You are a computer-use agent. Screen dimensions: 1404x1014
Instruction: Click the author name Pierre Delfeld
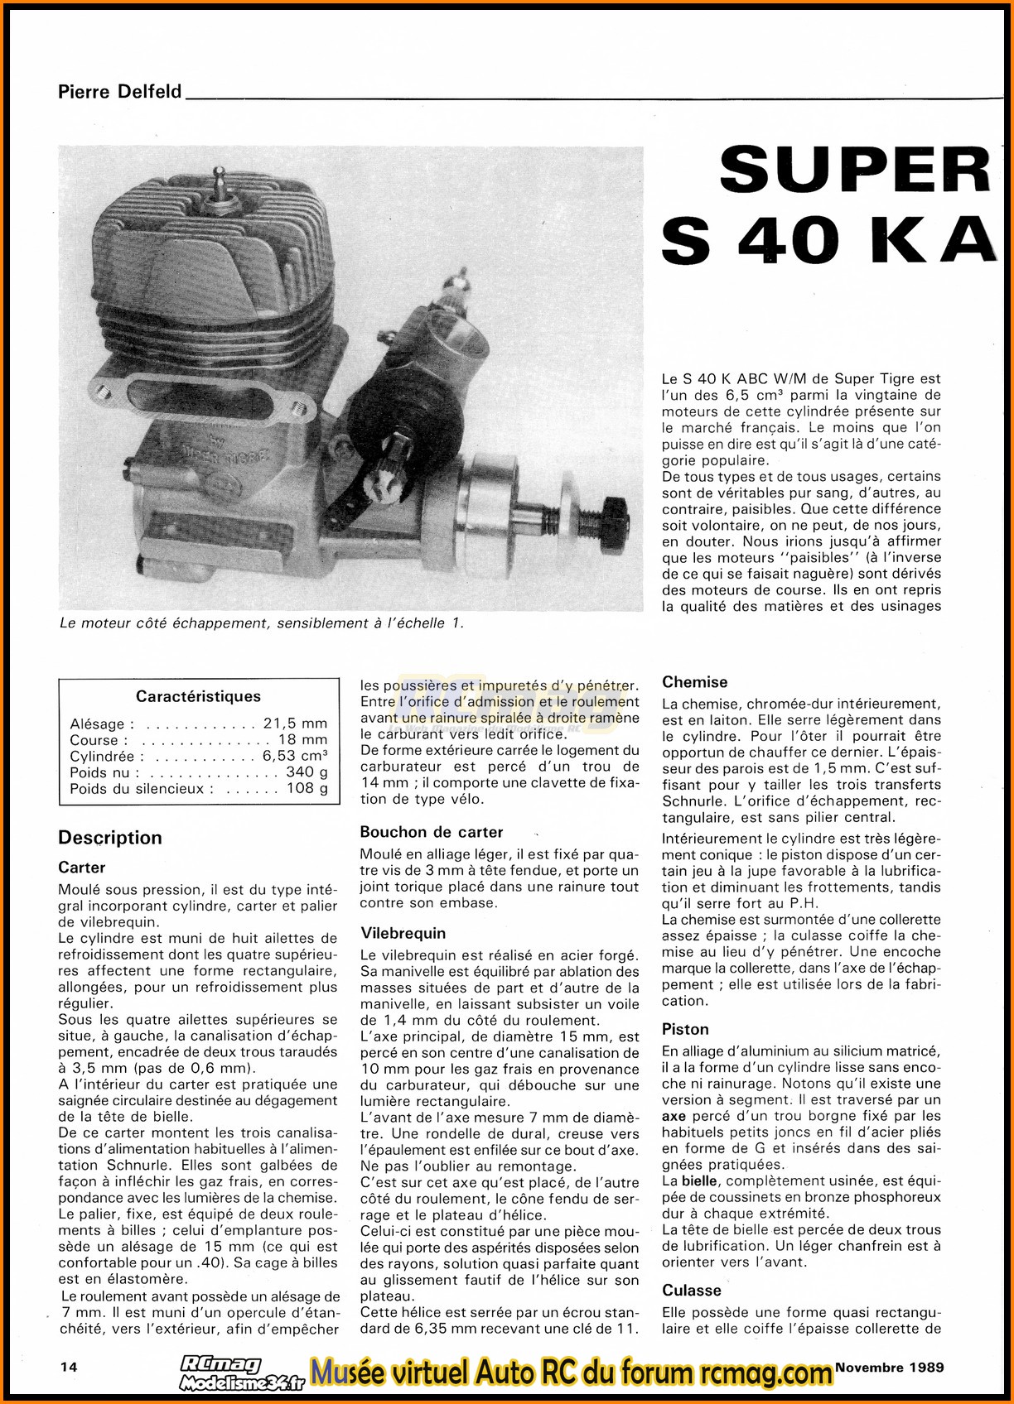pyautogui.click(x=119, y=91)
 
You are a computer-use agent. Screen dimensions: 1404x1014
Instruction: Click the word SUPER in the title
pyautogui.click(x=855, y=170)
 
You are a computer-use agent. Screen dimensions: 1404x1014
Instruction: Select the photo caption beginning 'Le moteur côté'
pyautogui.click(x=261, y=623)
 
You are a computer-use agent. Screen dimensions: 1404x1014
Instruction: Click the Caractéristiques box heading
pyautogui.click(x=198, y=696)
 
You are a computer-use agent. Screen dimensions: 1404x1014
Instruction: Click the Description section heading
pyautogui.click(x=110, y=838)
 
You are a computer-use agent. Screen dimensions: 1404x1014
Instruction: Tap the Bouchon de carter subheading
pyautogui.click(x=432, y=832)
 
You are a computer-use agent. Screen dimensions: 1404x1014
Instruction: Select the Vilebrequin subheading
pyautogui.click(x=403, y=933)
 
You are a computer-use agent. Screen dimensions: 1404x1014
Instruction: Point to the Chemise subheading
pyautogui.click(x=694, y=682)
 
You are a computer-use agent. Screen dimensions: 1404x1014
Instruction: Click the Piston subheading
pyautogui.click(x=685, y=1029)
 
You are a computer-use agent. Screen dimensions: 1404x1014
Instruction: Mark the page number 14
pyautogui.click(x=69, y=1368)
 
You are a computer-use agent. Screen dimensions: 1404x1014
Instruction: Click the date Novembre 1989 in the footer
pyautogui.click(x=889, y=1367)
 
